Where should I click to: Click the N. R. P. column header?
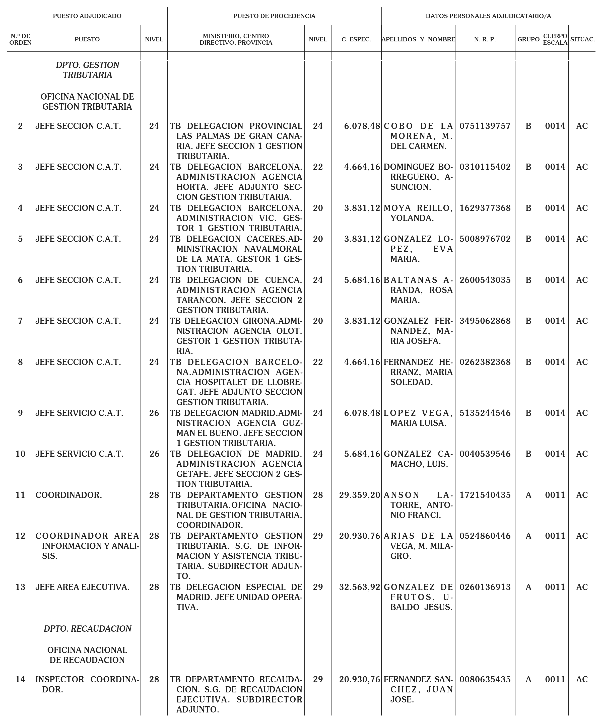(485, 39)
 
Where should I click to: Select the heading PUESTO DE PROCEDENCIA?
(274, 16)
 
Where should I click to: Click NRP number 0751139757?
(485, 126)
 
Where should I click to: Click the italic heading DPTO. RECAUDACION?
(87, 629)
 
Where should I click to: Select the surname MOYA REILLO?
(418, 208)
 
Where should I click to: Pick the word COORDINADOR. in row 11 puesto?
(69, 495)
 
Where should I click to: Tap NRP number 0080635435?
(485, 679)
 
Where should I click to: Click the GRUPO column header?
(528, 39)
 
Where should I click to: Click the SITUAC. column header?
(582, 39)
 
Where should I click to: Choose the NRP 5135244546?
(485, 413)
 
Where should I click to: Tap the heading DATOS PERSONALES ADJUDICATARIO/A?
(488, 16)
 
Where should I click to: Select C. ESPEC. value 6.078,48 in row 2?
(362, 126)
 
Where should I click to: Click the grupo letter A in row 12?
(528, 536)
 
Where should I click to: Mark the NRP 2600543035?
(485, 280)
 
